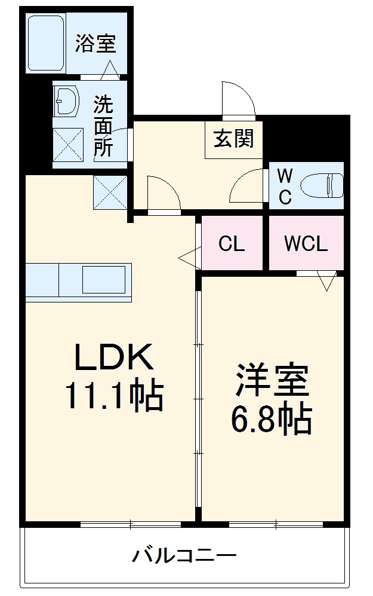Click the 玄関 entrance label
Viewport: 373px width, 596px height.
234,138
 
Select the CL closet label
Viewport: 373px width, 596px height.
232,244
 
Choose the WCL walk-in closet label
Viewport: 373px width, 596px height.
306,244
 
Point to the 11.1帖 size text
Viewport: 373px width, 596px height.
113,396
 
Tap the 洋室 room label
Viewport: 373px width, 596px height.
271,381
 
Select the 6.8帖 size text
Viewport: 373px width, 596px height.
271,420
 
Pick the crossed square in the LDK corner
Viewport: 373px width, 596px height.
110,192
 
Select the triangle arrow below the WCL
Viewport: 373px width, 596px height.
326,282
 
